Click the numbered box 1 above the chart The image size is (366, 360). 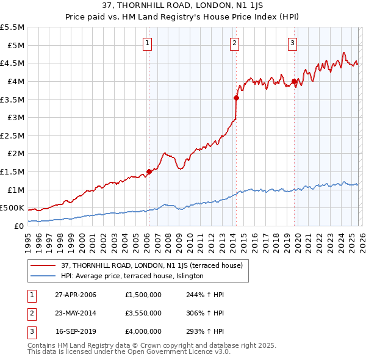click(x=148, y=43)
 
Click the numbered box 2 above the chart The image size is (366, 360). click(x=235, y=43)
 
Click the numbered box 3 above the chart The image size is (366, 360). click(x=293, y=43)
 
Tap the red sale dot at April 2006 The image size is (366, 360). click(x=149, y=171)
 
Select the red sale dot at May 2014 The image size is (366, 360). click(x=236, y=97)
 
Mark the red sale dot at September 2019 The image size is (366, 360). click(x=294, y=81)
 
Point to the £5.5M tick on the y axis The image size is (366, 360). click(x=13, y=27)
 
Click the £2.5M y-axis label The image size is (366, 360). click(x=13, y=135)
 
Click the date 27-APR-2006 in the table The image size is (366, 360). click(x=76, y=294)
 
